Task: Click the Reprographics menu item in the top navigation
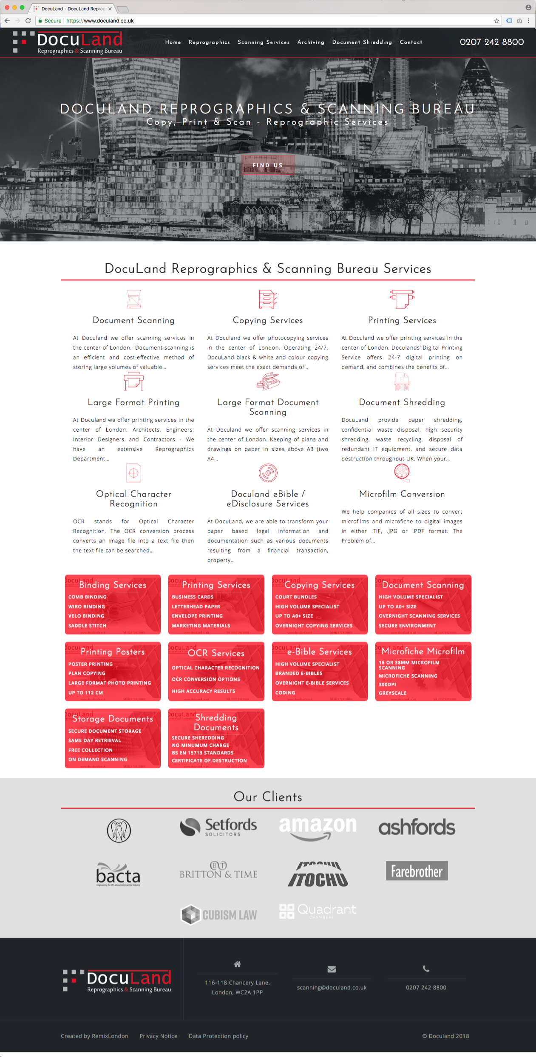(x=209, y=42)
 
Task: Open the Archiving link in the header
(x=311, y=42)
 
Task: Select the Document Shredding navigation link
(x=362, y=42)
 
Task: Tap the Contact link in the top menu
(x=411, y=42)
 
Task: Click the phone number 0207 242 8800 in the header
(x=491, y=42)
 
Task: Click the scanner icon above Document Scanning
(x=133, y=299)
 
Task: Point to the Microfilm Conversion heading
(x=402, y=494)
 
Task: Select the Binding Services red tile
(x=113, y=604)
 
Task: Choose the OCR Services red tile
(x=216, y=671)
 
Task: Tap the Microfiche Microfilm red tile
(x=423, y=671)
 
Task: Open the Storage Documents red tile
(x=113, y=738)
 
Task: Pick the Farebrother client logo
(x=417, y=871)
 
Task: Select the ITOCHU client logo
(x=318, y=873)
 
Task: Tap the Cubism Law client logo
(x=218, y=914)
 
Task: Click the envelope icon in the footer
(x=332, y=969)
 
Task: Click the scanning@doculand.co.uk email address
(x=332, y=987)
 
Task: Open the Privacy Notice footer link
(x=158, y=1036)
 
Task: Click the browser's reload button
(x=28, y=20)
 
